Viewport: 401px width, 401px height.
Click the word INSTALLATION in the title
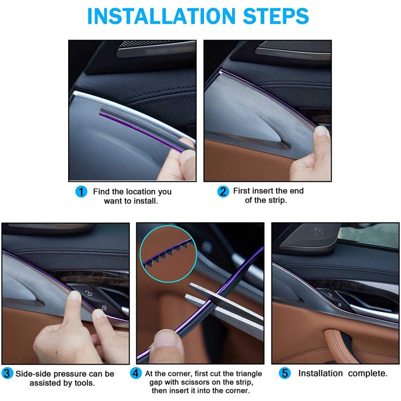[x=161, y=16]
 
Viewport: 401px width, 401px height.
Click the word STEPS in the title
[x=276, y=16]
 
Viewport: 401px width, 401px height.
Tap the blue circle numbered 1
[x=81, y=191]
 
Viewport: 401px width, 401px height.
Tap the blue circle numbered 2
[x=223, y=191]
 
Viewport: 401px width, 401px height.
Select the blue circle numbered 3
[x=7, y=373]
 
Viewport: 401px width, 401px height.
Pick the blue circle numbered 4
[x=135, y=373]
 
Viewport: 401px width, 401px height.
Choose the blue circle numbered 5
[x=285, y=373]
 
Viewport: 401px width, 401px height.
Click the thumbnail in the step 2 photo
[x=322, y=131]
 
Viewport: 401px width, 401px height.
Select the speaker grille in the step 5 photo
[x=310, y=237]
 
